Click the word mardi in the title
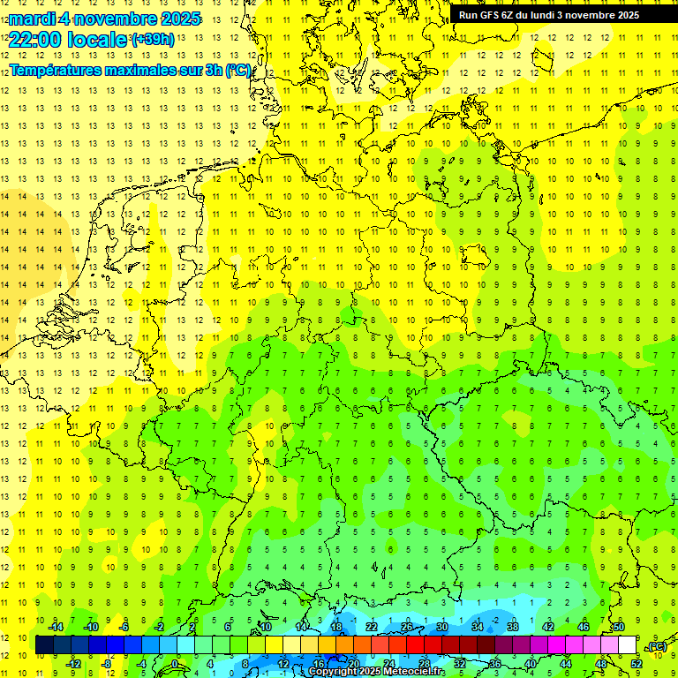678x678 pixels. coord(33,19)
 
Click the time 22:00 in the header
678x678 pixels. coord(34,39)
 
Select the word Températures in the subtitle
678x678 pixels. coord(59,69)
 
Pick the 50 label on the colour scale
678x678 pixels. coord(618,627)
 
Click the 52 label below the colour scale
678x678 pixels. coord(637,663)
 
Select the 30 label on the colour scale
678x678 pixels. coord(442,627)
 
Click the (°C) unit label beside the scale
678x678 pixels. coord(657,646)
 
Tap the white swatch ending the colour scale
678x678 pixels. coord(628,644)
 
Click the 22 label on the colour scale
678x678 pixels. coord(372,627)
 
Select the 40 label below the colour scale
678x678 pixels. coord(531,663)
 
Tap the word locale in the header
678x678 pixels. coord(98,39)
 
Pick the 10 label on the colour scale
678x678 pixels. coord(266,627)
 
